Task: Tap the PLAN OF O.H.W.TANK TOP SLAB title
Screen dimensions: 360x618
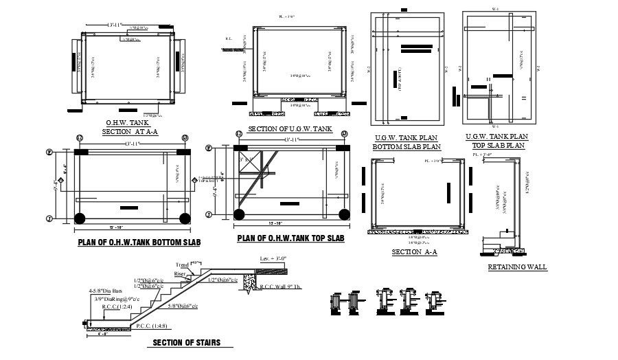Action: pos(290,238)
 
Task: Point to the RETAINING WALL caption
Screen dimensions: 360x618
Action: pos(517,267)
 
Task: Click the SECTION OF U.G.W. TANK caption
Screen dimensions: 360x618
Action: pos(290,129)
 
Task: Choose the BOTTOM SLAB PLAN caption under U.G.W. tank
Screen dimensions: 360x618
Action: pos(407,146)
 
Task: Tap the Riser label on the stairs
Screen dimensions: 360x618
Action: pos(180,273)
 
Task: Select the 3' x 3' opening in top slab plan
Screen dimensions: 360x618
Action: pos(245,159)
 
